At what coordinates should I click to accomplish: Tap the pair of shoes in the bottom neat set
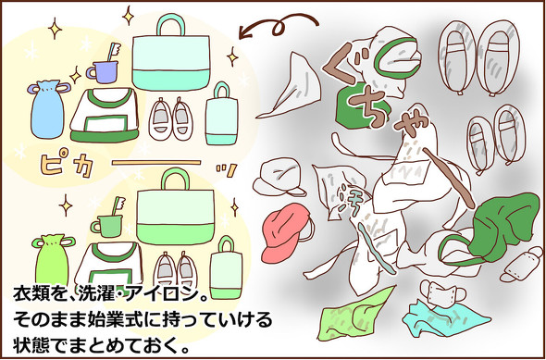pyautogui.click(x=178, y=268)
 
